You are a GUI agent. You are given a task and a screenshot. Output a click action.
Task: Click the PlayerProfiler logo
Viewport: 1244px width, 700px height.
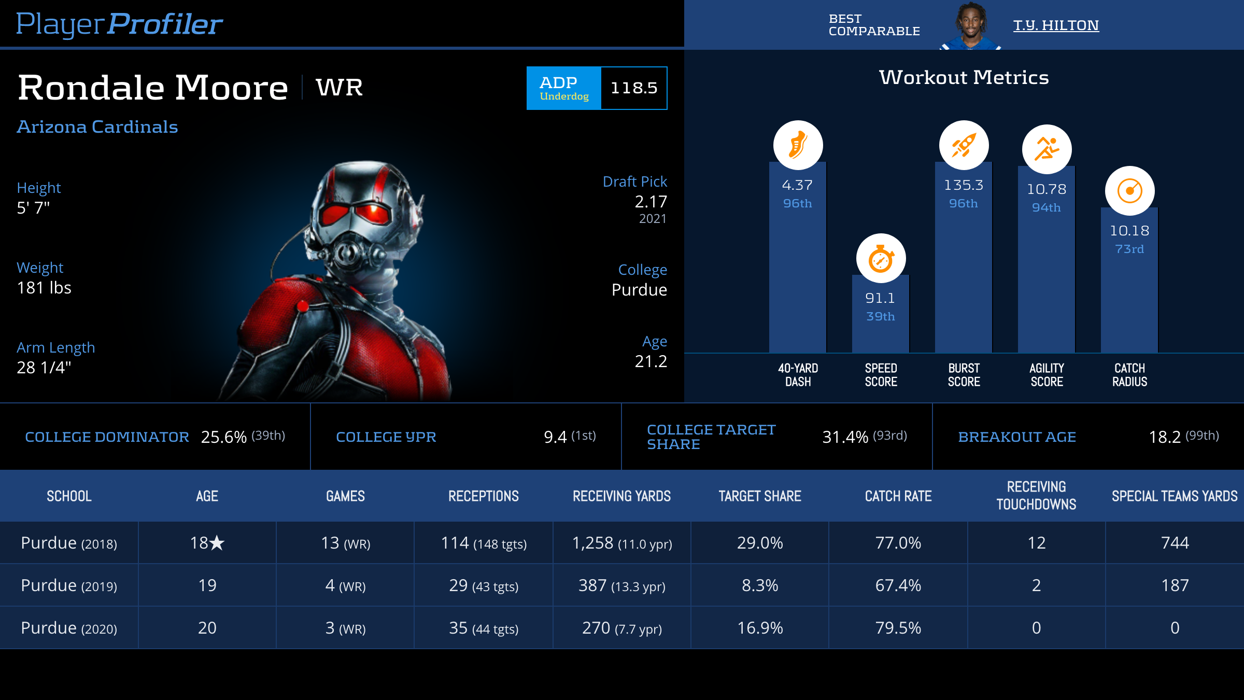click(x=119, y=24)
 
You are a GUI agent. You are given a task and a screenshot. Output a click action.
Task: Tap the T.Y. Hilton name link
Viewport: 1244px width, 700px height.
click(x=1056, y=25)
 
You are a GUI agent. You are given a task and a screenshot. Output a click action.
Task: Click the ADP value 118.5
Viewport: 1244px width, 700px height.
click(x=634, y=88)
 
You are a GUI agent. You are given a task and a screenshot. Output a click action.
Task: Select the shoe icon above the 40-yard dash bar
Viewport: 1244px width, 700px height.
click(x=798, y=145)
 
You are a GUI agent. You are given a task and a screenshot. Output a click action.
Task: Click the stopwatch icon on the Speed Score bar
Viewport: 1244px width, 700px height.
click(x=881, y=258)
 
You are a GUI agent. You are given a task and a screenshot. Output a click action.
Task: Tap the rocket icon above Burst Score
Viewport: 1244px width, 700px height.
click(x=964, y=145)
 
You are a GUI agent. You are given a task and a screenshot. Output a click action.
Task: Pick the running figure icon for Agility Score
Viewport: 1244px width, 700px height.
click(x=1047, y=149)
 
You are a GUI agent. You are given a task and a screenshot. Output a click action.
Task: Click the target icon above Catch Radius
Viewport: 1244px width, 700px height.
click(x=1129, y=191)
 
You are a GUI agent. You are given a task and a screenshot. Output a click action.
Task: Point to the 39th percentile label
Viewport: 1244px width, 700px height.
click(x=881, y=316)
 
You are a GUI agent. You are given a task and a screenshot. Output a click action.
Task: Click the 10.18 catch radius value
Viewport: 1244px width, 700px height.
click(x=1129, y=231)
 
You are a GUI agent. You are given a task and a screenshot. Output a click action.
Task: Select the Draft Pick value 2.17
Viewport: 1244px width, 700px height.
click(x=651, y=202)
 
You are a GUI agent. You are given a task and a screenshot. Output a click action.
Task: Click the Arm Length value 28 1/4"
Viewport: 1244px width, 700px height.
click(x=44, y=368)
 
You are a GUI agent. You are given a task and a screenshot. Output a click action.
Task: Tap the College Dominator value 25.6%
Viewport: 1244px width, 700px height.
click(x=223, y=437)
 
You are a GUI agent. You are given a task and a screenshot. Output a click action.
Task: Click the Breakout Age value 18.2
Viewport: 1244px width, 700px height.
click(x=1165, y=437)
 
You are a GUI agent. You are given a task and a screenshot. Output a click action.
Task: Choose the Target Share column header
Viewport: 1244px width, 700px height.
click(x=760, y=496)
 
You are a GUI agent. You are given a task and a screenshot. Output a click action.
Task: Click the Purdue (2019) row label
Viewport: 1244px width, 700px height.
click(x=69, y=585)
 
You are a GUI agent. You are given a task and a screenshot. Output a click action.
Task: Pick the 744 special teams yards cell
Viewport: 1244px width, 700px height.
click(x=1175, y=543)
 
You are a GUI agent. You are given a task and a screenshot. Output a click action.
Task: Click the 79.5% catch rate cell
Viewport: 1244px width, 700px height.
click(x=898, y=628)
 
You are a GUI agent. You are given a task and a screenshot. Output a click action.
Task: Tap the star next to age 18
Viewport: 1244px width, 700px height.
click(x=217, y=543)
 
